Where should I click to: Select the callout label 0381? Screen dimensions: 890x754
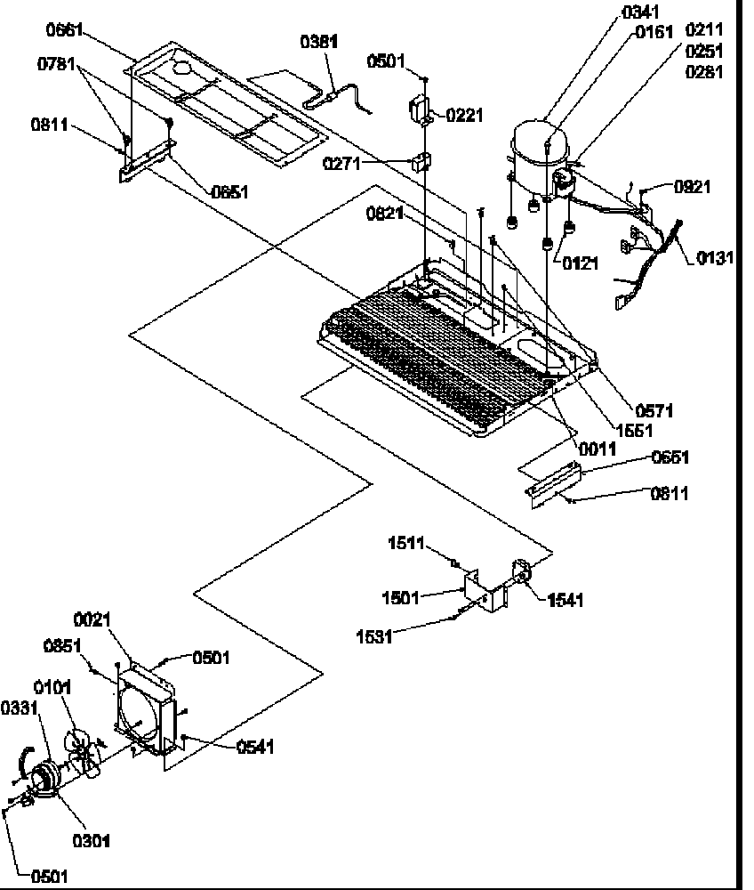click(318, 42)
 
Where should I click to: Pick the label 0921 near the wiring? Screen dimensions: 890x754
click(692, 187)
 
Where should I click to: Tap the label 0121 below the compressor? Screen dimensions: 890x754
click(579, 263)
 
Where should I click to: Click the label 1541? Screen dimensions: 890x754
click(565, 601)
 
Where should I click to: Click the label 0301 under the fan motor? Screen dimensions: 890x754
click(92, 839)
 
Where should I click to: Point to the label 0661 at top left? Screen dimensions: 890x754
click(65, 31)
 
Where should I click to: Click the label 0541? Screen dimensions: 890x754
click(254, 748)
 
